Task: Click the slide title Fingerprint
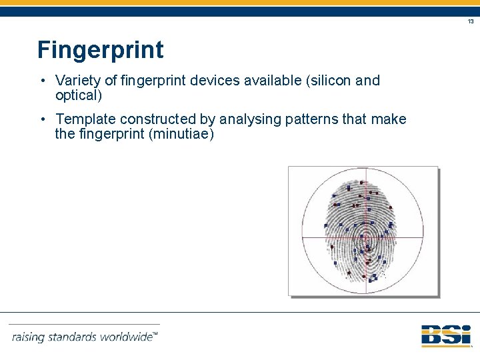(x=100, y=50)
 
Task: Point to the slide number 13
(x=471, y=22)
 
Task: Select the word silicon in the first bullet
(x=331, y=81)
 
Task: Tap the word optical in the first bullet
(x=76, y=95)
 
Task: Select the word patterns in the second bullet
(x=312, y=119)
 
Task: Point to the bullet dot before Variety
(x=42, y=81)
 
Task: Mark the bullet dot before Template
(x=42, y=119)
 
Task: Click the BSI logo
(x=446, y=335)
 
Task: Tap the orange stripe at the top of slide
(x=240, y=3)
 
